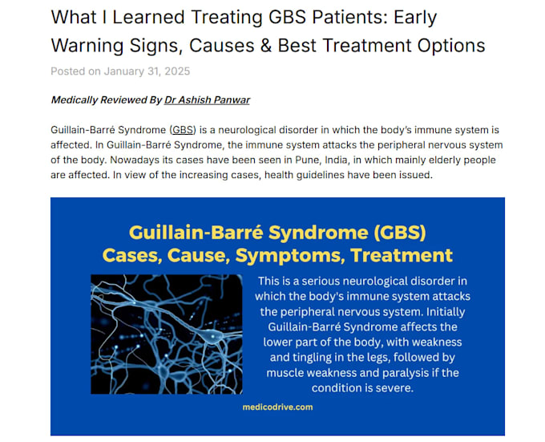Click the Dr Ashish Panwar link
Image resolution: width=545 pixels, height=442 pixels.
[207, 100]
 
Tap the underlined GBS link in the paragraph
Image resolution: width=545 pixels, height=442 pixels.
[183, 130]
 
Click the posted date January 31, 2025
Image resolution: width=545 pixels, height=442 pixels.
[147, 71]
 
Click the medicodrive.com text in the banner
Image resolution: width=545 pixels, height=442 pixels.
[278, 407]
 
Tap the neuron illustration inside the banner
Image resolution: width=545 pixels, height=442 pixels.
[167, 335]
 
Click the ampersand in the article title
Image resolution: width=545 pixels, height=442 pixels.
[266, 45]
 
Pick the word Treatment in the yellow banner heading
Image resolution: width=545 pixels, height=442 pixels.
[402, 255]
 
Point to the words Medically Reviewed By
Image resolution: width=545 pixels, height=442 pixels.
[107, 100]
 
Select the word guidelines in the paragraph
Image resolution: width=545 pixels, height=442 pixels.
[320, 175]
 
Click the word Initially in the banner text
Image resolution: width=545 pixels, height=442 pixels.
[446, 312]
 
